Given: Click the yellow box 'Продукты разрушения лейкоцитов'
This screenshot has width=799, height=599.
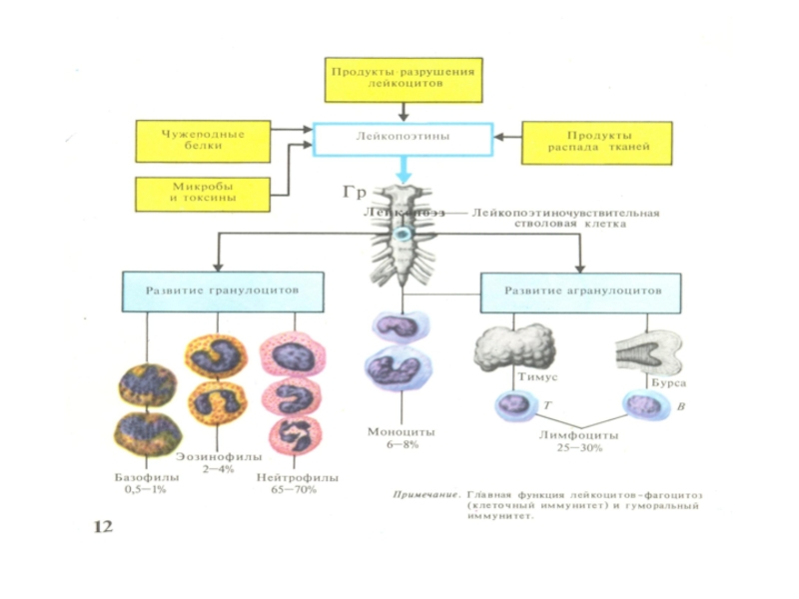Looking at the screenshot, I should point(403,79).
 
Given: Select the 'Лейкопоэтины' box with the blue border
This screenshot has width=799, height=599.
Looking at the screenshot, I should point(403,139).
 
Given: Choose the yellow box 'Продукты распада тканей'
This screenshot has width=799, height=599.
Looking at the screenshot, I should point(587,142).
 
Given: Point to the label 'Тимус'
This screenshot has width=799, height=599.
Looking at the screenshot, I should point(535,380).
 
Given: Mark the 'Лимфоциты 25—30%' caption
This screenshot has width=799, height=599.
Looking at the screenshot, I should point(578,442).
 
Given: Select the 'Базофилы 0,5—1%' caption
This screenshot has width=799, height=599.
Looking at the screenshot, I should point(146,484).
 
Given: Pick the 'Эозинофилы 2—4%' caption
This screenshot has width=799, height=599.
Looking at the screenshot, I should point(209,462).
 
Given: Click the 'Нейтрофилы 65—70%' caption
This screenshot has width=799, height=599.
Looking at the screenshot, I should point(297,484).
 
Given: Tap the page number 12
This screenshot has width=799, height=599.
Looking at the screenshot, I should point(104,526).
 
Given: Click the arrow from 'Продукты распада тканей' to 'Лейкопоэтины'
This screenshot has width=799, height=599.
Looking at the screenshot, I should point(508,139).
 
